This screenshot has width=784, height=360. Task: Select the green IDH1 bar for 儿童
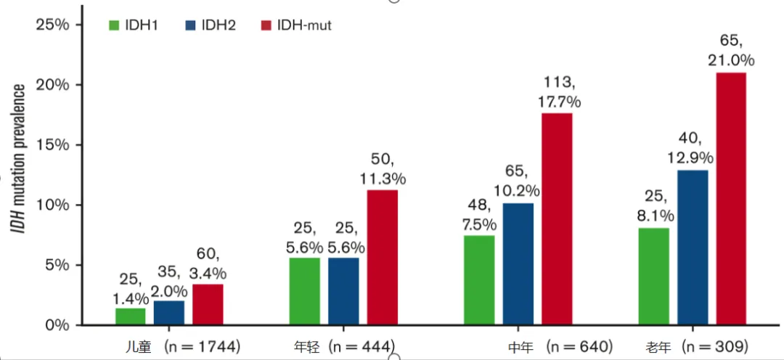[x=130, y=316]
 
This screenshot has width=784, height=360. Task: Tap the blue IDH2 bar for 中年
[x=518, y=264]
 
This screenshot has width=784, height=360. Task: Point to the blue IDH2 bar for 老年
[x=693, y=247]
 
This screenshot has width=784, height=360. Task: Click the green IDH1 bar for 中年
[x=479, y=280]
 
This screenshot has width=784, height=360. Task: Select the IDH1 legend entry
[x=134, y=26]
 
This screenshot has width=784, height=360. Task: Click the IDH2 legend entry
[x=206, y=26]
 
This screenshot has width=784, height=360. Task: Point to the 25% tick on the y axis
[x=53, y=25]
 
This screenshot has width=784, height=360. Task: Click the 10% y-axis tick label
[x=53, y=205]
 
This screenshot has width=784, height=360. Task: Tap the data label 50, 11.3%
[x=382, y=168]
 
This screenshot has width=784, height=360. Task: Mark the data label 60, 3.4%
[x=208, y=264]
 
